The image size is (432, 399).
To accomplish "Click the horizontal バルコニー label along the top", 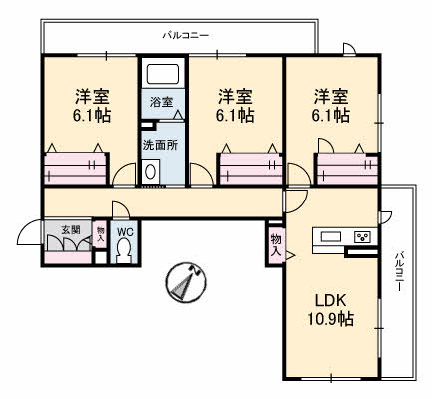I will [x=186, y=35].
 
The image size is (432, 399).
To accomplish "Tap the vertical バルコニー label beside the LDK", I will [x=397, y=270].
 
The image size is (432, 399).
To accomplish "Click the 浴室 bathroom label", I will [x=161, y=102].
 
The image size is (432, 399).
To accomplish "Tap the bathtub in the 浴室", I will [x=161, y=73].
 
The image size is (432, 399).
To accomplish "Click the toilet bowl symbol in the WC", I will [x=124, y=253].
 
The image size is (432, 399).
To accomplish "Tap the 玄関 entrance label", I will [x=70, y=229].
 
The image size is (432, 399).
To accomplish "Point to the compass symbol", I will [x=184, y=282].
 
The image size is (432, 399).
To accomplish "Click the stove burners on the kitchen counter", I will [x=362, y=237].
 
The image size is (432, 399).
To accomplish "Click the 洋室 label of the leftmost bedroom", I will [x=93, y=96].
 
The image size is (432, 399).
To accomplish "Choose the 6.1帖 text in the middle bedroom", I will [x=236, y=115].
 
